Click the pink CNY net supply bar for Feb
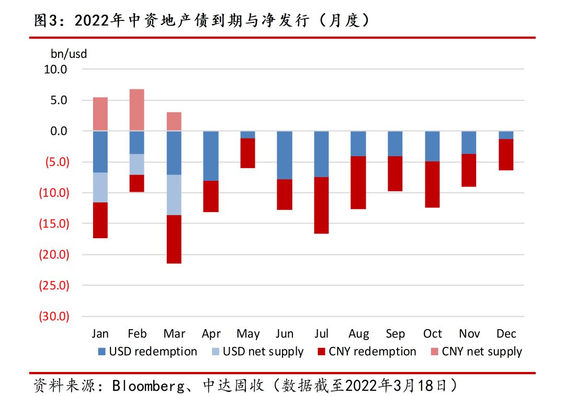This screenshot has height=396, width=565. click(x=137, y=110)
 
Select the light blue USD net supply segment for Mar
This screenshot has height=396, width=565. click(x=174, y=195)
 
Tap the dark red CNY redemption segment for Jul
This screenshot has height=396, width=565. click(x=321, y=205)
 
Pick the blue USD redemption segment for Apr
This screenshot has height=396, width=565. click(x=211, y=156)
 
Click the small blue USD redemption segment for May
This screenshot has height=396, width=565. click(x=248, y=134)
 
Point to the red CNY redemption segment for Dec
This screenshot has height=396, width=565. click(x=506, y=155)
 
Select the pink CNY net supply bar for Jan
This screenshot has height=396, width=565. click(x=100, y=114)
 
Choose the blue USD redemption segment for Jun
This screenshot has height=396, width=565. click(x=285, y=155)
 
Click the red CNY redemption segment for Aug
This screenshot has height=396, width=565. click(x=358, y=183)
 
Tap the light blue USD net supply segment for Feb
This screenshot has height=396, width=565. click(x=137, y=165)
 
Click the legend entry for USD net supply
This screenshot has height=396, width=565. click(x=257, y=352)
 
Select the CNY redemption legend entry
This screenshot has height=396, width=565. click(x=367, y=352)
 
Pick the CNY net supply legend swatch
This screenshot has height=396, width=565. click(x=435, y=352)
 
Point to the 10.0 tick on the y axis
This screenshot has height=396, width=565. click(x=55, y=69)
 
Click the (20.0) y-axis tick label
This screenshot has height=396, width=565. click(x=54, y=254)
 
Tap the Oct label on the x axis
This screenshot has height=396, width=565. click(x=433, y=333)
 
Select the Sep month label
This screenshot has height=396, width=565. click(x=395, y=334)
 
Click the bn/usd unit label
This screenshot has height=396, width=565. click(x=69, y=54)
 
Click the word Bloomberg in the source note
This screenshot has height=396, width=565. click(x=148, y=386)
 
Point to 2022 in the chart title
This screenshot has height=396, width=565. click(x=92, y=20)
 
